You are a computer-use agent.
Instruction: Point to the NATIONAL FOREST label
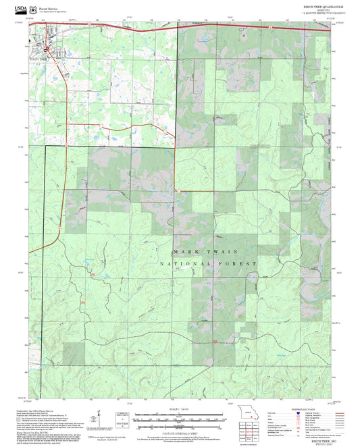209,263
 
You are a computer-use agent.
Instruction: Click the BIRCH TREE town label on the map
39,59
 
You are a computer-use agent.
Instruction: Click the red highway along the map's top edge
203,25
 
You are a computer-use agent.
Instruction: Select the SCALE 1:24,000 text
179,409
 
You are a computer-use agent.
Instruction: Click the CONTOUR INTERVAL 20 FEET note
179,431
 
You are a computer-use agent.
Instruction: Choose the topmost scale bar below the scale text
179,414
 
